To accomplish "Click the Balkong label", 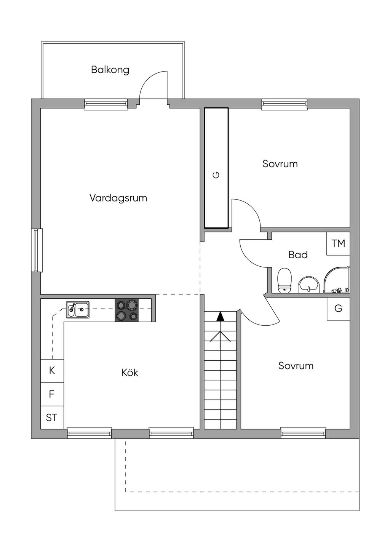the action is (110, 70).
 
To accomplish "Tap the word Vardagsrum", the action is (118, 198).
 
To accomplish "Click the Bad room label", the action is (298, 255).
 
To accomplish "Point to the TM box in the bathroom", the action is (338, 243).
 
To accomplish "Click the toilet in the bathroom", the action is (285, 280).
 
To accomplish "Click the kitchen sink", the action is (78, 309).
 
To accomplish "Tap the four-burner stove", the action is (126, 310).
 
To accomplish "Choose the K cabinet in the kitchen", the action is (52, 371).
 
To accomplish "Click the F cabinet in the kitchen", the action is (52, 394).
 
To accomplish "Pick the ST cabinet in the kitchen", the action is (52, 418).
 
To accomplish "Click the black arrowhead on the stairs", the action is (221, 317).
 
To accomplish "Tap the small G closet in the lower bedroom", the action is (339, 309).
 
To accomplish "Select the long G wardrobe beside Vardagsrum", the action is (216, 168).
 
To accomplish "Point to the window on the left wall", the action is (37, 250).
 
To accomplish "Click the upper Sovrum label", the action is (280, 164).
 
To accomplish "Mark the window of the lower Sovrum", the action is (303, 433).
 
